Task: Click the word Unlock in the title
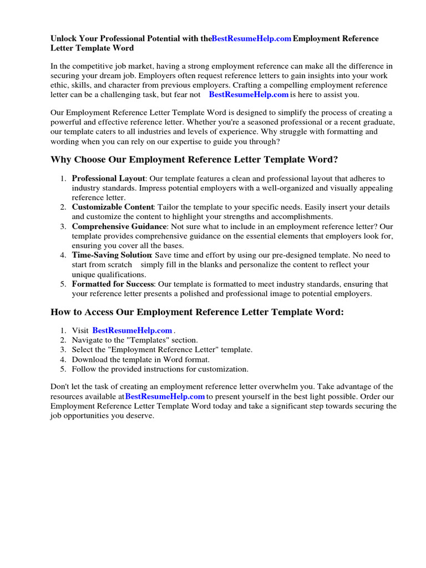click(x=64, y=39)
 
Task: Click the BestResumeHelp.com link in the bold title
click(x=252, y=39)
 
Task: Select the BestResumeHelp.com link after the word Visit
click(x=132, y=331)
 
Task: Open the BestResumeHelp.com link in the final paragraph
click(x=165, y=397)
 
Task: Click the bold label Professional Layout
click(x=108, y=179)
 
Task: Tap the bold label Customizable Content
click(x=112, y=207)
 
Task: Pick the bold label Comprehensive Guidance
click(x=119, y=226)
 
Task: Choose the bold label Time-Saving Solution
click(x=111, y=255)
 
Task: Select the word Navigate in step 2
click(x=88, y=340)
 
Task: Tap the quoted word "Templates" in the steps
click(x=146, y=340)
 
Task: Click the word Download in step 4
click(x=90, y=359)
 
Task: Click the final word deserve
click(x=140, y=416)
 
